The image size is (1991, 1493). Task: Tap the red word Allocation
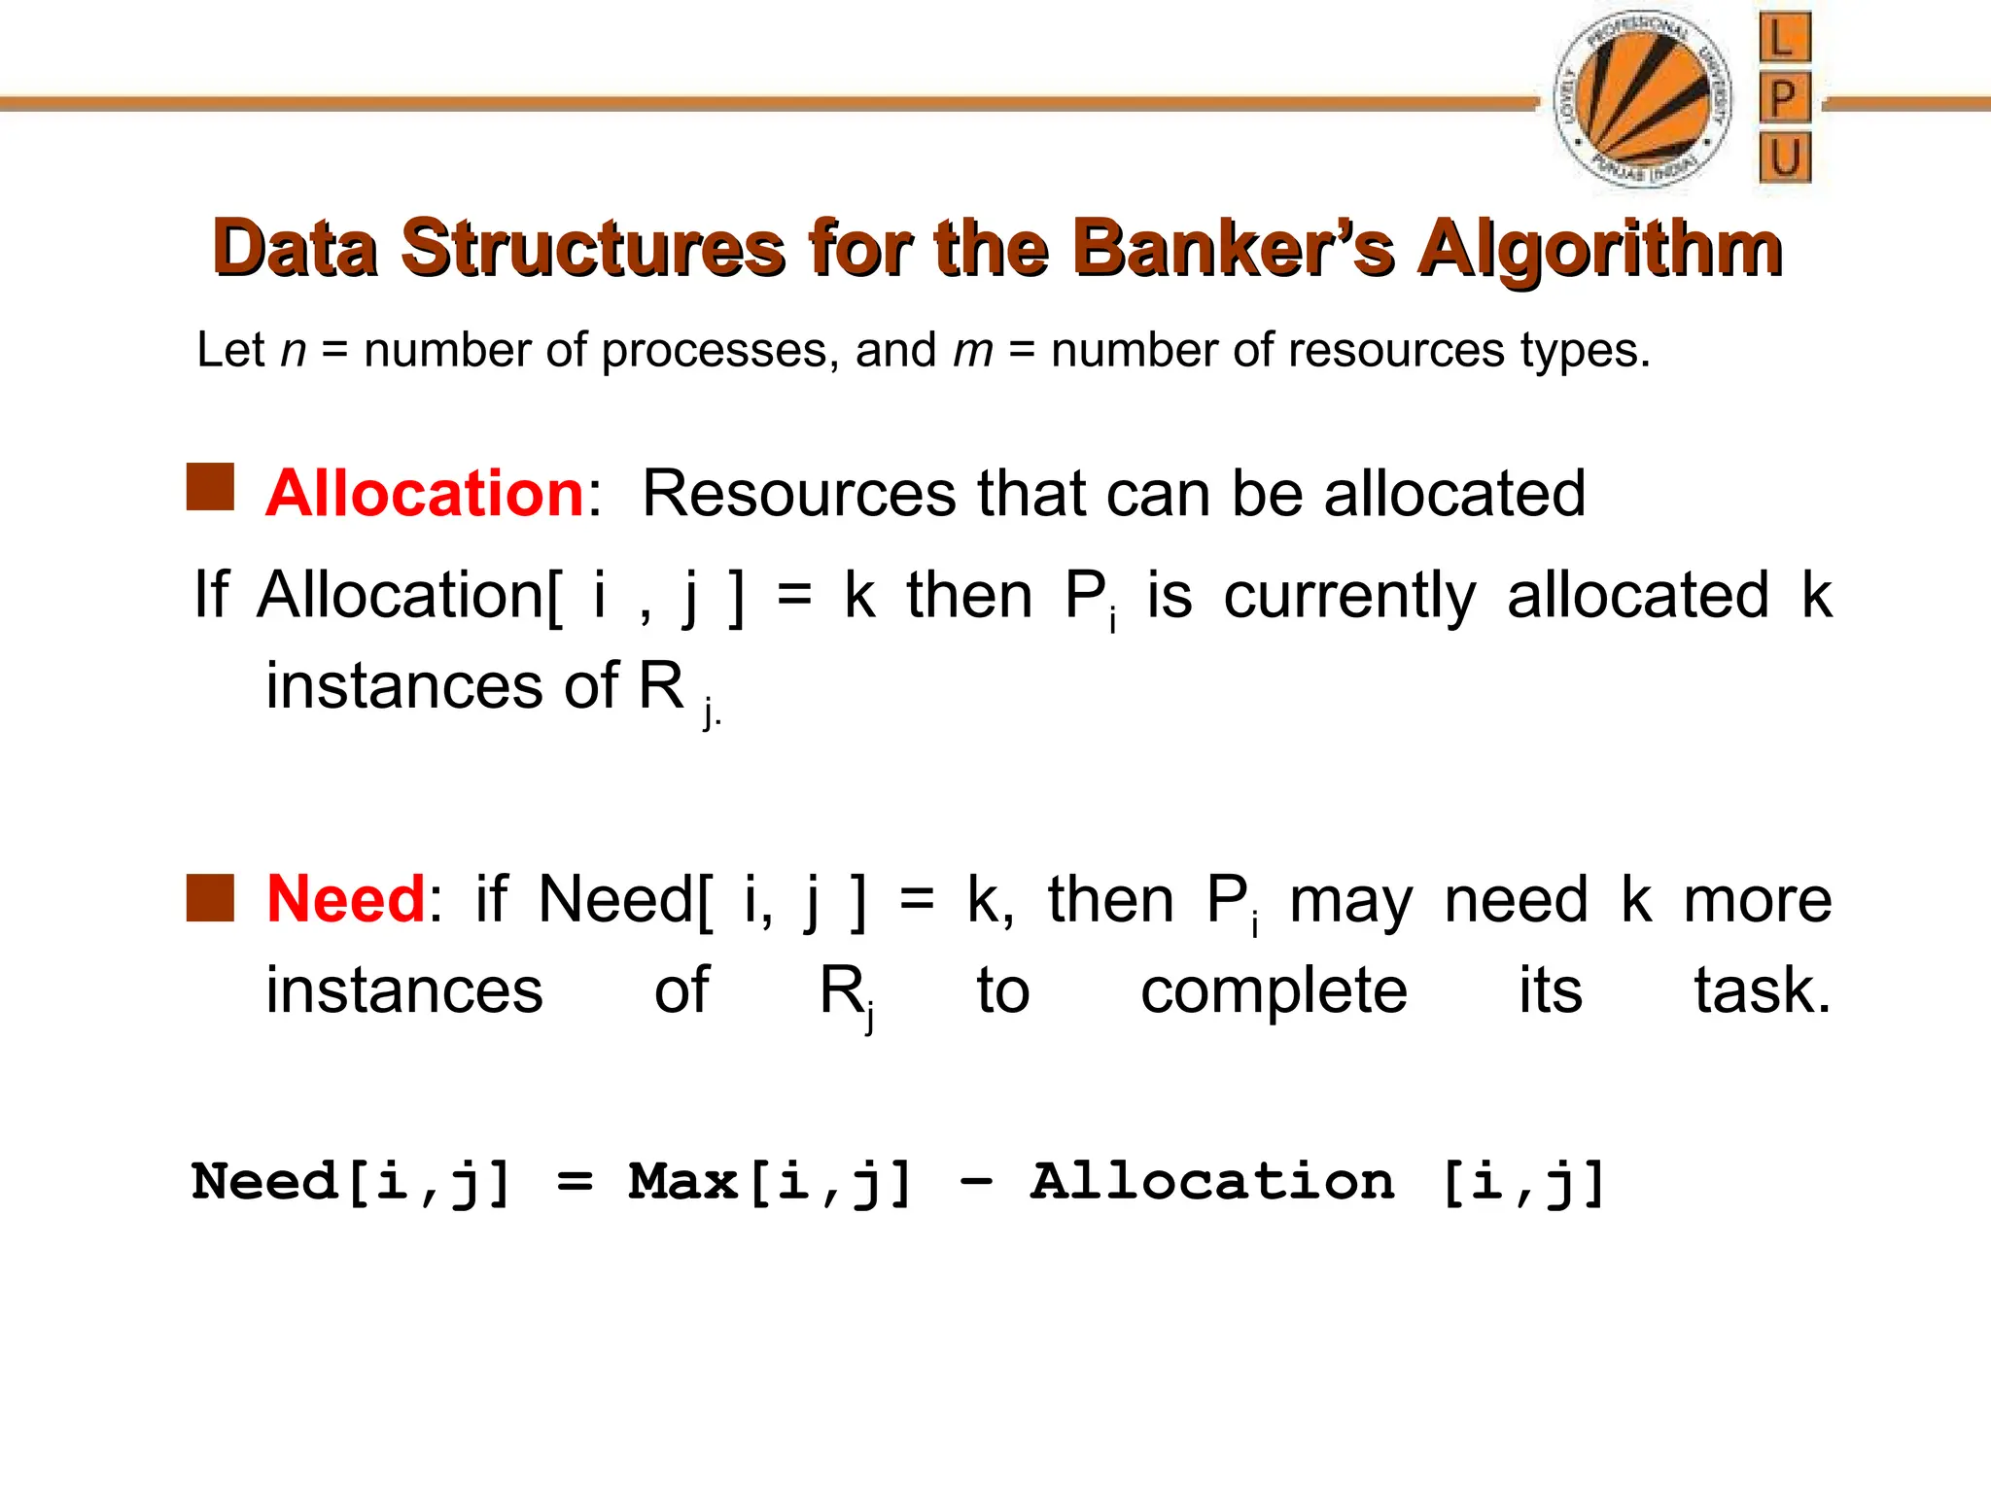pyautogui.click(x=425, y=493)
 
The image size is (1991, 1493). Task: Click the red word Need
pyautogui.click(x=346, y=898)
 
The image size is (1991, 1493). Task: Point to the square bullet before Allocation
pyautogui.click(x=211, y=487)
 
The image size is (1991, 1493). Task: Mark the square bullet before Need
pyautogui.click(x=211, y=897)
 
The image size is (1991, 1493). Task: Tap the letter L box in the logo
pyautogui.click(x=1784, y=39)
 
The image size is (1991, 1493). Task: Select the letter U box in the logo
pyautogui.click(x=1785, y=157)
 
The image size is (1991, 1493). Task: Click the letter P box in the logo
pyautogui.click(x=1784, y=98)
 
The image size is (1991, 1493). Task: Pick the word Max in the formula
pyautogui.click(x=682, y=1182)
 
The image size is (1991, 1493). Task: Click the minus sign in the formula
pyautogui.click(x=975, y=1183)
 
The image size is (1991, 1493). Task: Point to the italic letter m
pyautogui.click(x=973, y=350)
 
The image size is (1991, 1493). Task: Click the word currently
pyautogui.click(x=1349, y=596)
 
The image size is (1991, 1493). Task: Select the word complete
pyautogui.click(x=1274, y=991)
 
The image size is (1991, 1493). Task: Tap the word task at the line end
pyautogui.click(x=1761, y=990)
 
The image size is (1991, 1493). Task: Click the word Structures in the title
pyautogui.click(x=593, y=249)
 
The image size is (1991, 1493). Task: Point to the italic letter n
pyautogui.click(x=293, y=351)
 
